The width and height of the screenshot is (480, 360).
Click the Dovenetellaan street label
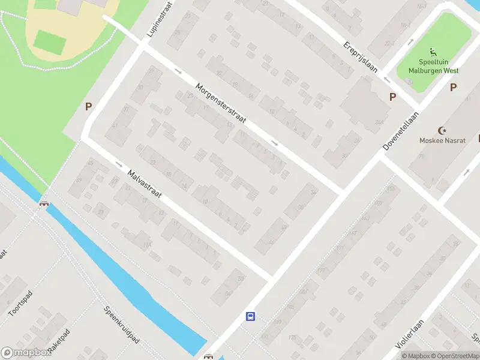(x=401, y=130)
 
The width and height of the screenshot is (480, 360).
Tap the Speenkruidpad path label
(x=122, y=325)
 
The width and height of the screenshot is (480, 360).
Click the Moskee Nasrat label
(x=443, y=140)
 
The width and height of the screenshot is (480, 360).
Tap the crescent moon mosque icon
(x=443, y=130)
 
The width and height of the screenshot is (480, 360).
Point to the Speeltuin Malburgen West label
(x=433, y=66)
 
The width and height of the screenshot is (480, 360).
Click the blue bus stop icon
(x=250, y=316)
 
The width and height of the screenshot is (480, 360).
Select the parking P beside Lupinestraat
(x=88, y=107)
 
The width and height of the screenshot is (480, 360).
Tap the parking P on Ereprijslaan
(x=393, y=97)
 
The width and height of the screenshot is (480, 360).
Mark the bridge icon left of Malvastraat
(x=44, y=203)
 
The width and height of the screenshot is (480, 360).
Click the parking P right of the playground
(x=454, y=88)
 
